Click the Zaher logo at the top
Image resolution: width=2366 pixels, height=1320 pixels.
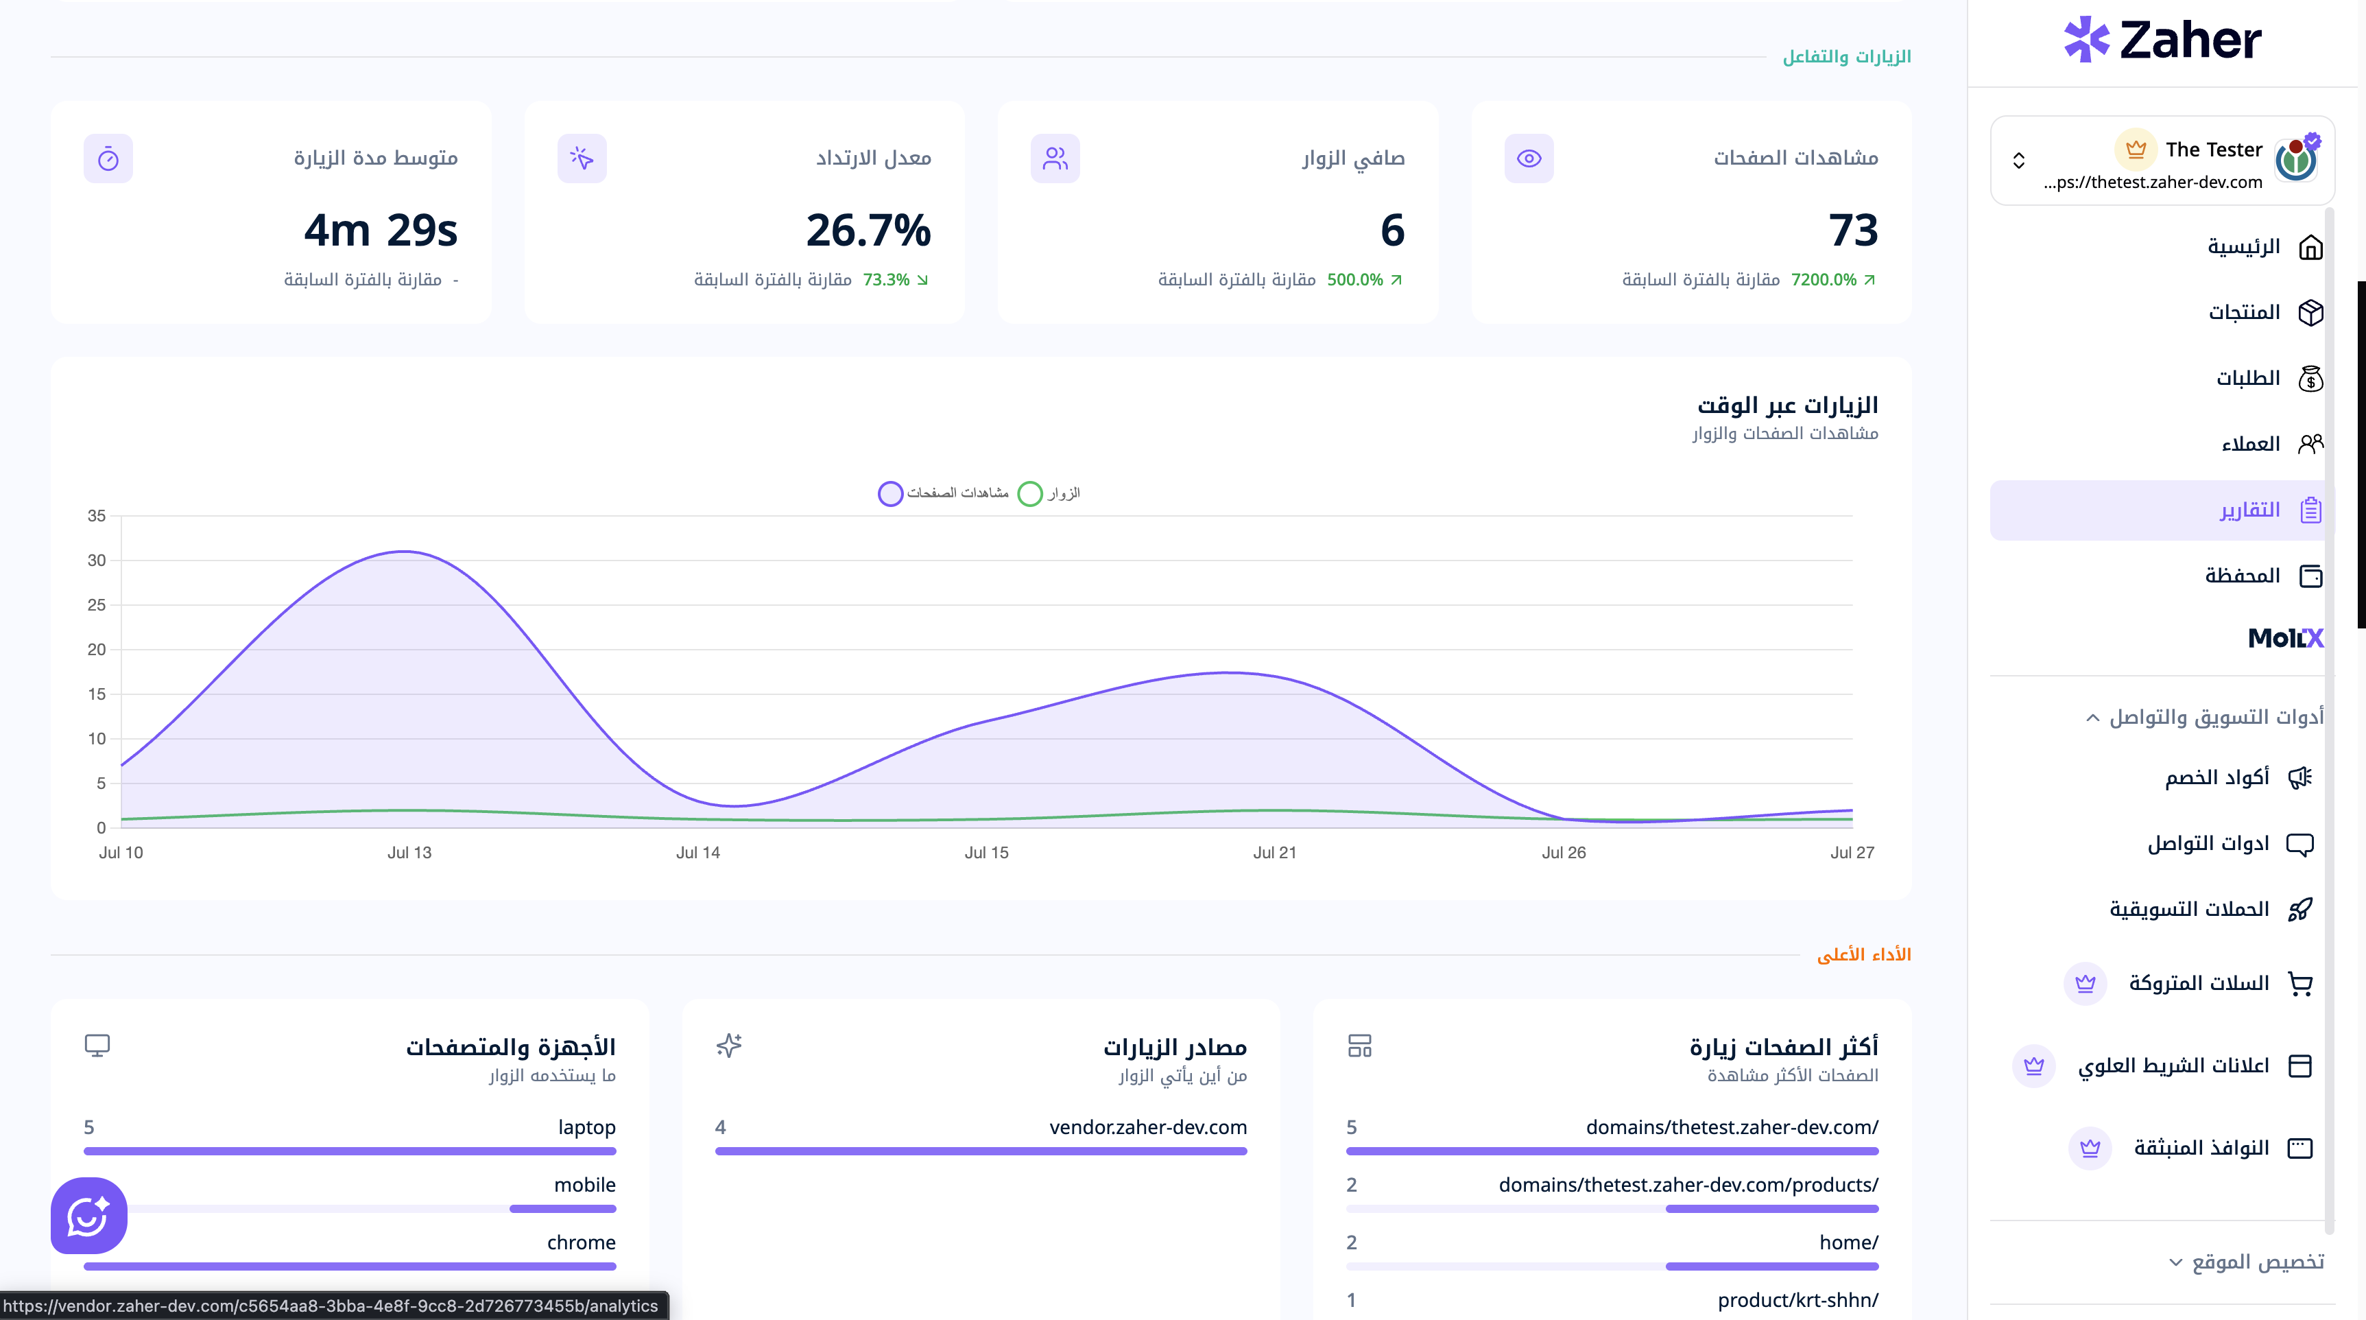pyautogui.click(x=2162, y=40)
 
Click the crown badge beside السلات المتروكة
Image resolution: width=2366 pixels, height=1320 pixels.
pyautogui.click(x=2085, y=984)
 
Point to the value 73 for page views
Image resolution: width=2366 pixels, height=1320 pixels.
pyautogui.click(x=1852, y=230)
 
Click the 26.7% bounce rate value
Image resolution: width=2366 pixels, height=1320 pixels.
pyautogui.click(x=868, y=230)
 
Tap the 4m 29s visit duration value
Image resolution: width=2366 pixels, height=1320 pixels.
pyautogui.click(x=380, y=230)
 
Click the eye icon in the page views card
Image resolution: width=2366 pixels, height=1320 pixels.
pyautogui.click(x=1529, y=158)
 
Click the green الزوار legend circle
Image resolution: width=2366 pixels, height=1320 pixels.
pyautogui.click(x=1029, y=493)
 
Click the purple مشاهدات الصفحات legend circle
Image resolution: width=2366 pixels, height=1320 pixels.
pyautogui.click(x=890, y=493)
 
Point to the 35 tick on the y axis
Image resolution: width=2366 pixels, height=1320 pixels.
pyautogui.click(x=97, y=516)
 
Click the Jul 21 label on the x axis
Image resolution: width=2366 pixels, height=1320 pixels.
pyautogui.click(x=1275, y=852)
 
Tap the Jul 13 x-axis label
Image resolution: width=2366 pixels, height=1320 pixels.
pyautogui.click(x=409, y=852)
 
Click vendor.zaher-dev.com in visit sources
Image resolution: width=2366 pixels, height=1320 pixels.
pyautogui.click(x=1148, y=1127)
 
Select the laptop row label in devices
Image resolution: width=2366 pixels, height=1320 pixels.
pyautogui.click(x=587, y=1127)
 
